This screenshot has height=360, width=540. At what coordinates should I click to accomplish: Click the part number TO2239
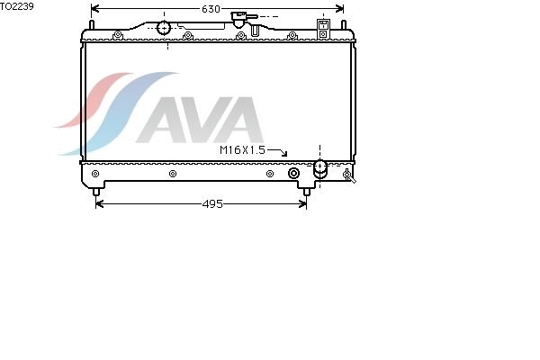click(x=17, y=6)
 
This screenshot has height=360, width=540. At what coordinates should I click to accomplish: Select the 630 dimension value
click(x=211, y=9)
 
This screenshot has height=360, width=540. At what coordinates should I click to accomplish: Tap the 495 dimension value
click(x=212, y=204)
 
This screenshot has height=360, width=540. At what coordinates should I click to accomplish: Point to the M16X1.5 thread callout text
click(x=242, y=150)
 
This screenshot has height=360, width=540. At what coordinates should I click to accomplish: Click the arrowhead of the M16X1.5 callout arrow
click(x=284, y=154)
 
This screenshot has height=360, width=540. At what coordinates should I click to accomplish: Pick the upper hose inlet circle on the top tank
click(x=164, y=28)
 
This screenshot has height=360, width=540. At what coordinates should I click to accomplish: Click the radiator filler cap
click(x=240, y=19)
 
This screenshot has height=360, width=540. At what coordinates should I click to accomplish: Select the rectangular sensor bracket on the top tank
click(x=323, y=29)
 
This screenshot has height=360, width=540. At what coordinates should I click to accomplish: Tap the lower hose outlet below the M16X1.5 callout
click(x=320, y=169)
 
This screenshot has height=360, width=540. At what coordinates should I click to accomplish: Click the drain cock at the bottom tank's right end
click(x=349, y=175)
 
